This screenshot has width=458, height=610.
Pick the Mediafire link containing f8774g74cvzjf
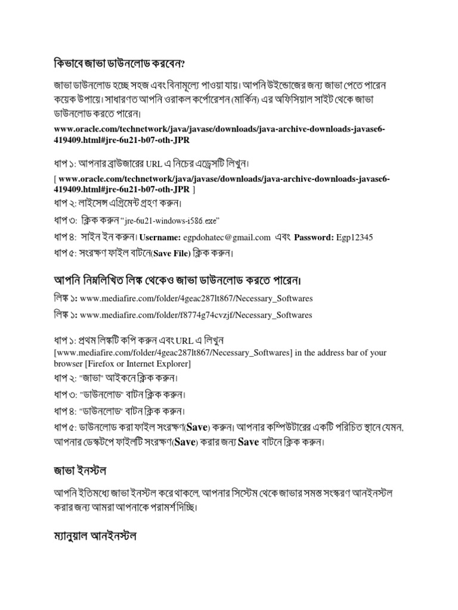coord(196,314)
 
